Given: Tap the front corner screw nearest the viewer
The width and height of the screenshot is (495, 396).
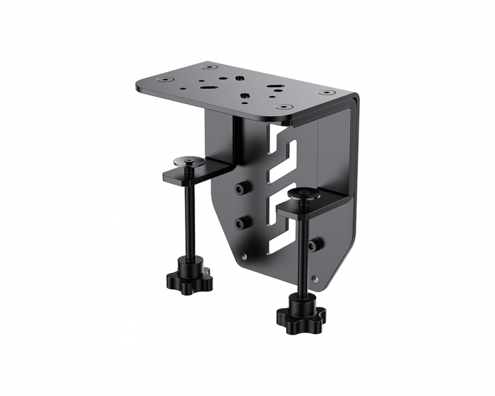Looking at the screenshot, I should pyautogui.click(x=284, y=107).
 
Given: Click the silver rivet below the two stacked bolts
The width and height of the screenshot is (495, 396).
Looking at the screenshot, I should pyautogui.click(x=244, y=257).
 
